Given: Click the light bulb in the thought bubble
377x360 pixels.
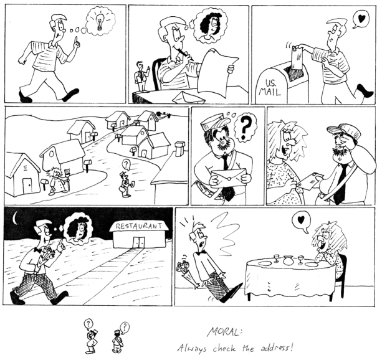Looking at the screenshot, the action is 100,21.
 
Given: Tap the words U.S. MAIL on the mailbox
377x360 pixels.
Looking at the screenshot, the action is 270,88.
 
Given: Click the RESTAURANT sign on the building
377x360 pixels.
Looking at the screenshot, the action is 139,226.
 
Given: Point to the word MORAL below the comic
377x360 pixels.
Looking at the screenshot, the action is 224,332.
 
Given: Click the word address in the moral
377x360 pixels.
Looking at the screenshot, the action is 276,348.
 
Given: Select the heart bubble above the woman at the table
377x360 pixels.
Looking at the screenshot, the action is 301,222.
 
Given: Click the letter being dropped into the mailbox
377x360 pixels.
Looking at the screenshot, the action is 297,57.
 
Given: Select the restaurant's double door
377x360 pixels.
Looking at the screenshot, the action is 138,242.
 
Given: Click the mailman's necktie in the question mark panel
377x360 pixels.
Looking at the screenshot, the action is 227,178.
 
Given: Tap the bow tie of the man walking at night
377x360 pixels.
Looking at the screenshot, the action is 37,250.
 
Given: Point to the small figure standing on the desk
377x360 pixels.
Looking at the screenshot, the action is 141,76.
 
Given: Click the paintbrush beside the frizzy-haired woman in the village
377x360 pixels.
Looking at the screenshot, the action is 67,180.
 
